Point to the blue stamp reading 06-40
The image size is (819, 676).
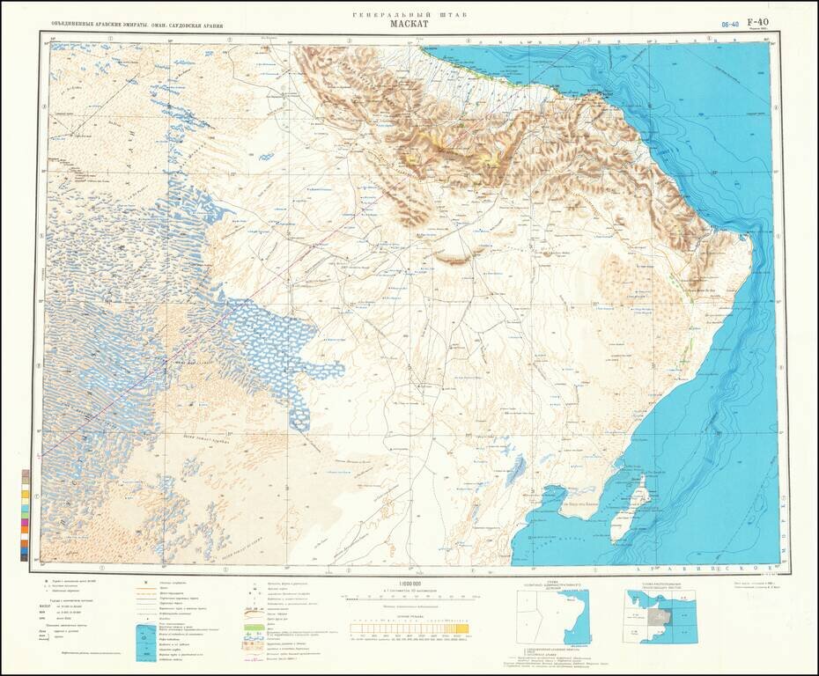(730, 26)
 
